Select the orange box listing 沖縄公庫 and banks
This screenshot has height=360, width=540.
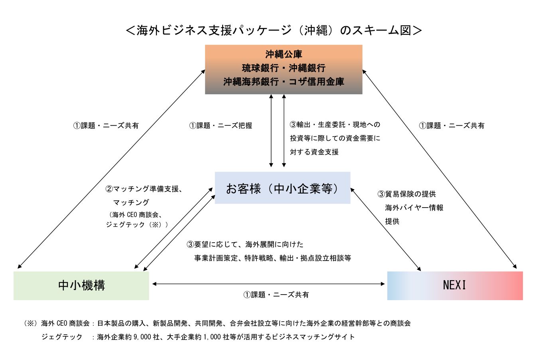(x=283, y=69)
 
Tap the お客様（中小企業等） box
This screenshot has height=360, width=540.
(x=282, y=188)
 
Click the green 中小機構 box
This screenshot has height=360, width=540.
(x=81, y=286)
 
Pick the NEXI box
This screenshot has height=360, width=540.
(x=455, y=286)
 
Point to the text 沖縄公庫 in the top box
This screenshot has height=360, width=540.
(x=284, y=54)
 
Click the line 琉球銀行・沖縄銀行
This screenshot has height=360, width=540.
(x=284, y=68)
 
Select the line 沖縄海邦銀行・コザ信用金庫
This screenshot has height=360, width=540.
(x=284, y=82)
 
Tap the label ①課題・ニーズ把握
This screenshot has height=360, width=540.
(x=221, y=126)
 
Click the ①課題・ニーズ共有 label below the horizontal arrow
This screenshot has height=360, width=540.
(x=276, y=295)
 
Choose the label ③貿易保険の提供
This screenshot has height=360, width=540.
(x=406, y=194)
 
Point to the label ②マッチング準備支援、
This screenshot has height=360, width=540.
(x=144, y=189)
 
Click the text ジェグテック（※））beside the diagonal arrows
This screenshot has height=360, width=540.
(x=137, y=225)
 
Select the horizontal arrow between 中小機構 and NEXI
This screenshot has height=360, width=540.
(x=268, y=284)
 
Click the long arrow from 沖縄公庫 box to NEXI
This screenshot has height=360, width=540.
(x=439, y=168)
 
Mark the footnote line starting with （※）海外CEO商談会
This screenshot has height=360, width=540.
(x=217, y=323)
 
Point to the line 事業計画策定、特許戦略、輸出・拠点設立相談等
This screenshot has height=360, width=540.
(x=272, y=258)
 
